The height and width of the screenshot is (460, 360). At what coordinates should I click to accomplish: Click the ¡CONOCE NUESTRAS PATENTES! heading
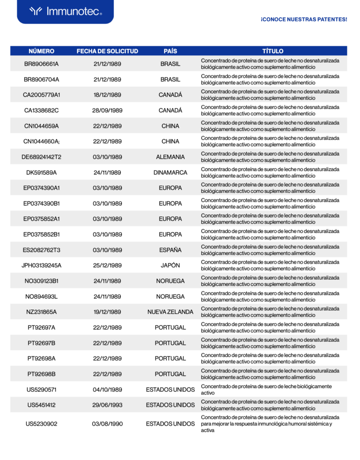coord(303,20)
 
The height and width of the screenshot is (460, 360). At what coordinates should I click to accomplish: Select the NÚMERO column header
coord(41,51)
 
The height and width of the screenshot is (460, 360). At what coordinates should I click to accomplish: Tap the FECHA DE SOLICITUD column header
coord(107,51)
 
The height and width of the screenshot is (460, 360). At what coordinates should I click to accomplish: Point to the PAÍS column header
coord(170,51)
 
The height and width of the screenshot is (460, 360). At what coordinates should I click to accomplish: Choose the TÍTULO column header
coord(273,51)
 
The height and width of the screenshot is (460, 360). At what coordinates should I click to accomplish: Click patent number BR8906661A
coord(41,64)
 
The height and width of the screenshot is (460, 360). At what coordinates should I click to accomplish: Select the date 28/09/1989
coord(107,111)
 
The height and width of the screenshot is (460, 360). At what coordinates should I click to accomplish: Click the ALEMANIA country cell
coord(170,157)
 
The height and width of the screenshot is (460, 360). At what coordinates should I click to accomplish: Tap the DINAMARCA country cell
coord(170,172)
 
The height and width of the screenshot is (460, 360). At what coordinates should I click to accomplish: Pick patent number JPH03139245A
coord(41,265)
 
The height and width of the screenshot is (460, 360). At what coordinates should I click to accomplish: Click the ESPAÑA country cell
coord(170,250)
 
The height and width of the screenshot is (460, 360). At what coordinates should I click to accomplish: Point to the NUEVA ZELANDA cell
coord(170,312)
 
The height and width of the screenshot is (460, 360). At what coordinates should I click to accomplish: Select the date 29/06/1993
coord(107,405)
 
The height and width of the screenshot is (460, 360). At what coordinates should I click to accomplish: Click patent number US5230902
coord(41,424)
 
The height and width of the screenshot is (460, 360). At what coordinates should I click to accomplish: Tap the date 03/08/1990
coord(107,424)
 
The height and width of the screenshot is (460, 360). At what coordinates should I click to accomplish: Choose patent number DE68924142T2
coord(41,157)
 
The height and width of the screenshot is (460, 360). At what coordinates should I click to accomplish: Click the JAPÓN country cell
coord(170,265)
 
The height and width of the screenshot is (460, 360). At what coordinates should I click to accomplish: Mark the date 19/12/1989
coord(107,312)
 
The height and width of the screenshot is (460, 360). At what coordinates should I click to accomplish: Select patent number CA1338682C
coord(41,111)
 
